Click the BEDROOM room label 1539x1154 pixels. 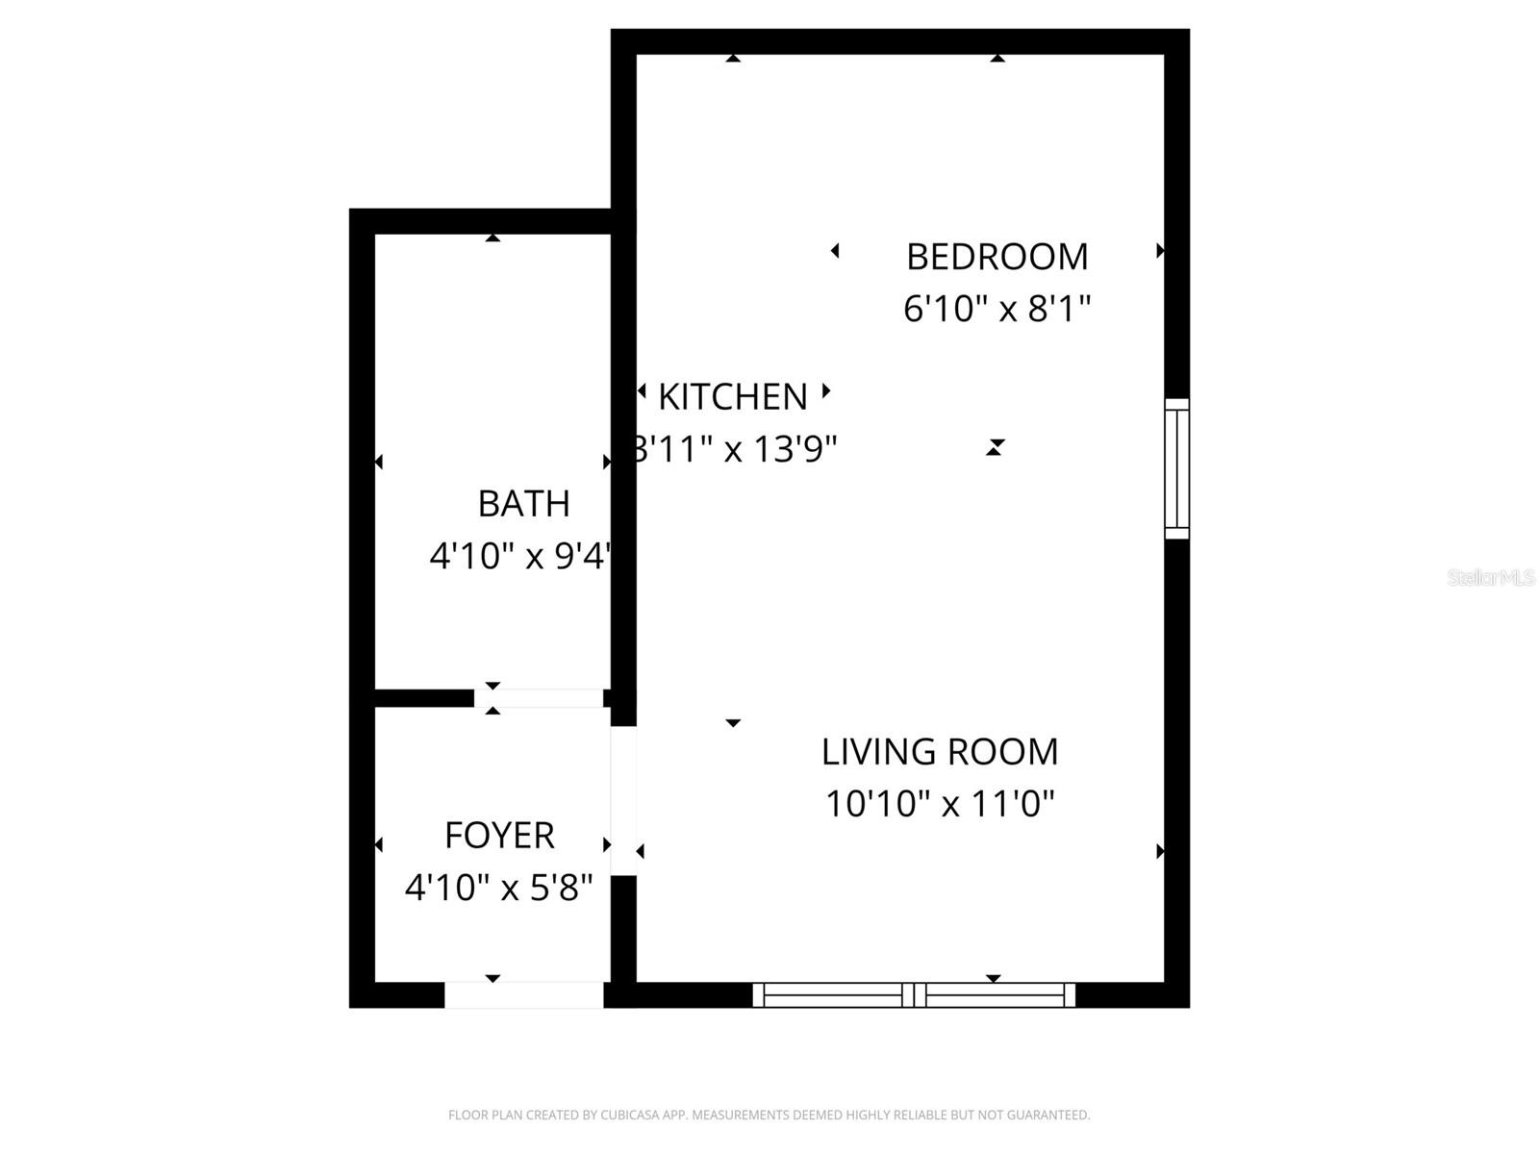[997, 257]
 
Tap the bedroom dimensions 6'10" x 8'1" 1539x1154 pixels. [997, 309]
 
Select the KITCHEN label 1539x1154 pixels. [732, 396]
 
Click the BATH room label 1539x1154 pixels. [523, 503]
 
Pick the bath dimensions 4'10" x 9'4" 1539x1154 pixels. [519, 555]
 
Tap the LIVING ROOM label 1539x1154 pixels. [939, 751]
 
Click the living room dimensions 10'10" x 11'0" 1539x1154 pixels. [940, 803]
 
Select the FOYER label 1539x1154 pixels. [499, 835]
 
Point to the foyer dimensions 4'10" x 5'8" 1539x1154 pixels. [498, 887]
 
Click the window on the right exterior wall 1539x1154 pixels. [1176, 468]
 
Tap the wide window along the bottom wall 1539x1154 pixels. [913, 994]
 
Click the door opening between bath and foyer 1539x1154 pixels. [539, 698]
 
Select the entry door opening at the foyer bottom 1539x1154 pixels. [523, 994]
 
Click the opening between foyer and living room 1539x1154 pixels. [623, 800]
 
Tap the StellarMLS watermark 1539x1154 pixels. [1490, 577]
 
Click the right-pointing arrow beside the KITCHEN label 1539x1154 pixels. [825, 390]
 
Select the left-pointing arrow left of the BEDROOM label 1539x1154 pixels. [835, 250]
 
